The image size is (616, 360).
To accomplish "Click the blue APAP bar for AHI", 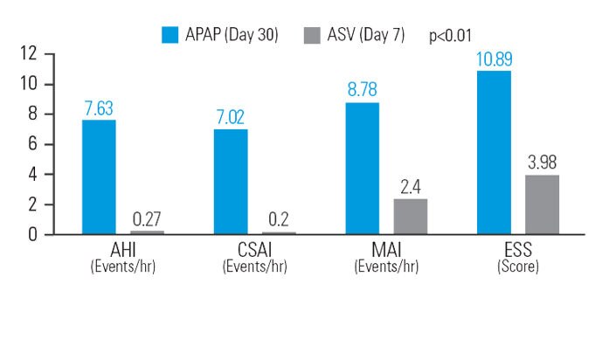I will (x=99, y=177).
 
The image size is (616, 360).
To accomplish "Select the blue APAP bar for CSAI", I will (x=231, y=182).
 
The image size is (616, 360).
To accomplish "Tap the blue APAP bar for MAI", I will (x=363, y=168).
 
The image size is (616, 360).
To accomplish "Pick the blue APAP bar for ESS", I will (x=494, y=152).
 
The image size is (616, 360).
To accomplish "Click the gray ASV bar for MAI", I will (x=411, y=217).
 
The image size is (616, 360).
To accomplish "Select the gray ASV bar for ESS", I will (x=542, y=204).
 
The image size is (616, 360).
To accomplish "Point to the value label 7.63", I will (x=99, y=108).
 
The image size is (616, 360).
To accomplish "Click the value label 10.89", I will (x=494, y=59).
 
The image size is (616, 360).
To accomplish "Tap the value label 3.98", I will (x=542, y=163).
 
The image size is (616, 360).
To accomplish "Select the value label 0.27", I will (x=147, y=219).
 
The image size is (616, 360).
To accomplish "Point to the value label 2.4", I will (x=411, y=187).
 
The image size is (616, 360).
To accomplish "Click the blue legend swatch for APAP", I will (x=170, y=35).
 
